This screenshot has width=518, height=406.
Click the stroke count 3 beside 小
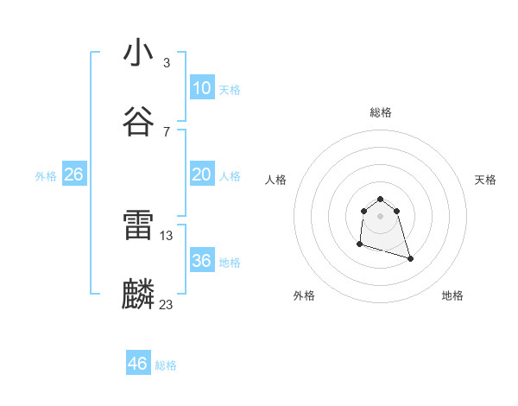pyautogui.click(x=166, y=62)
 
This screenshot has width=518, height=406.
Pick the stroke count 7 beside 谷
pyautogui.click(x=166, y=131)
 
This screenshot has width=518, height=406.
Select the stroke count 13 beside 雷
pyautogui.click(x=167, y=235)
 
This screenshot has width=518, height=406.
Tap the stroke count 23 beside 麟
pyautogui.click(x=167, y=304)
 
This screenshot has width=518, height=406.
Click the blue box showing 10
pyautogui.click(x=202, y=88)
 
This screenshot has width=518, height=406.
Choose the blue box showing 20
pyautogui.click(x=202, y=174)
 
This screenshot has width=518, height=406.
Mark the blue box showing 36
pyautogui.click(x=202, y=261)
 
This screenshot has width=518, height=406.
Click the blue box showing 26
pyautogui.click(x=74, y=174)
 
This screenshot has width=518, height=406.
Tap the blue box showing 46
pyautogui.click(x=138, y=364)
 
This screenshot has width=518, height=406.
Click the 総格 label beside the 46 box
pyautogui.click(x=166, y=365)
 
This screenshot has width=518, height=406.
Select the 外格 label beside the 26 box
pyautogui.click(x=46, y=176)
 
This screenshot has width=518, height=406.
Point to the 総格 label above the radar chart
pyautogui.click(x=380, y=112)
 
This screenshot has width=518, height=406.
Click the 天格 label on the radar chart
pyautogui.click(x=486, y=180)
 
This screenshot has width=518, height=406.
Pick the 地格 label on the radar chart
pyautogui.click(x=452, y=295)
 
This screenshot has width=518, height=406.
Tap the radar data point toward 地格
pyautogui.click(x=410, y=258)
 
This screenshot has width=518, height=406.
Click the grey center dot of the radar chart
pyautogui.click(x=380, y=216)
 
